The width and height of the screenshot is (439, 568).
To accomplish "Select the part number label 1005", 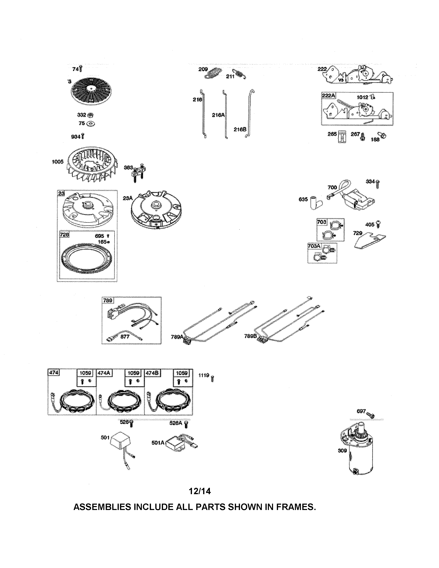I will pos(58,162).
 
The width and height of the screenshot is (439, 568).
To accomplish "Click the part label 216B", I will pos(239,129).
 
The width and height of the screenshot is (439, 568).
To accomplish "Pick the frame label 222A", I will pos(328,96).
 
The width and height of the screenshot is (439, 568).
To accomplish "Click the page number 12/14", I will pos(200,491).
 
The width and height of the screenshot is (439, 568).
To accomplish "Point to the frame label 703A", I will pos(314,246).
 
